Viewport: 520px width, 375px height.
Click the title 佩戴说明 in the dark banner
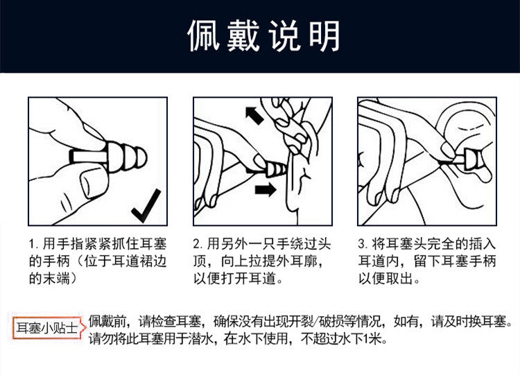pyautogui.click(x=264, y=35)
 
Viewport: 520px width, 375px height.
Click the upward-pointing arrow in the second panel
pyautogui.click(x=254, y=115)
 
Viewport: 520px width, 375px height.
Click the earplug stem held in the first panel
pyautogui.click(x=88, y=156)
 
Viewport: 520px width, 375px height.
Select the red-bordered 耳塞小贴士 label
pyautogui.click(x=47, y=329)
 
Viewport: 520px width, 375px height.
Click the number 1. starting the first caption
pyautogui.click(x=33, y=245)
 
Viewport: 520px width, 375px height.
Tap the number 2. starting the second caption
pyautogui.click(x=198, y=245)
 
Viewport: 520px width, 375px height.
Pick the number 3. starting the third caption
pyautogui.click(x=363, y=245)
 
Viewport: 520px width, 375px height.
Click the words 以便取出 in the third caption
pyautogui.click(x=386, y=279)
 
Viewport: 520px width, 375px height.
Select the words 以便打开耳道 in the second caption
pyautogui.click(x=235, y=279)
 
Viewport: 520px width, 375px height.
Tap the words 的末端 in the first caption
pyautogui.click(x=50, y=279)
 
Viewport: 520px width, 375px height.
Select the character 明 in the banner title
pyautogui.click(x=324, y=35)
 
